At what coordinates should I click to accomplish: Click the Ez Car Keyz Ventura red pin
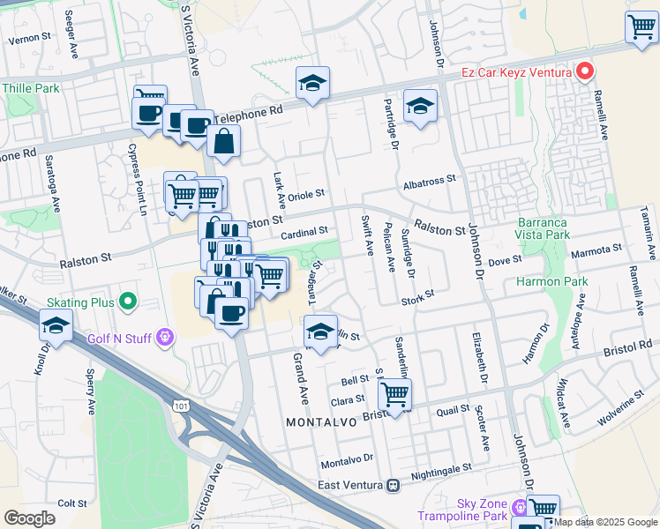[x=584, y=71]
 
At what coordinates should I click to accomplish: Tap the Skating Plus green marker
[x=128, y=302]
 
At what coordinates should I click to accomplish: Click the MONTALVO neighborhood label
[x=321, y=422]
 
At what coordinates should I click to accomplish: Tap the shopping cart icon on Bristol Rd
[x=394, y=394]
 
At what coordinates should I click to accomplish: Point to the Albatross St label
[x=429, y=178]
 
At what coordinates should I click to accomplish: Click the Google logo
[x=29, y=518]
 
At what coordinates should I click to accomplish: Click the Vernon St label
[x=26, y=39]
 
